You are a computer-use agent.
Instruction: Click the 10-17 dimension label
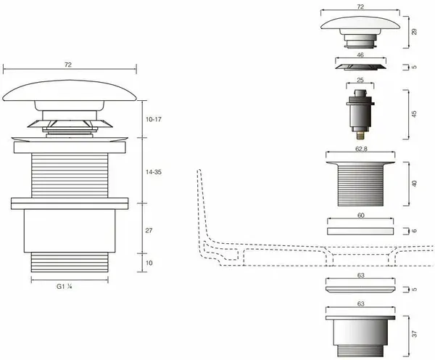click(x=154, y=120)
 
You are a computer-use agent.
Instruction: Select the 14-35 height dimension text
click(x=154, y=172)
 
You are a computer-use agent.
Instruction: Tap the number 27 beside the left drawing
click(x=149, y=231)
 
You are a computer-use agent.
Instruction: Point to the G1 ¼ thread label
click(x=65, y=287)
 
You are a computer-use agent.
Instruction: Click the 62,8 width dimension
click(x=361, y=150)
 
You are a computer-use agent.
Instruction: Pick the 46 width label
click(x=360, y=55)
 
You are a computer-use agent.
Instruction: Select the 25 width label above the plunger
click(x=360, y=81)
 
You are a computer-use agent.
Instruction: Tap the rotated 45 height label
click(x=414, y=114)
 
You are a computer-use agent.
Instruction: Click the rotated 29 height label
click(x=414, y=32)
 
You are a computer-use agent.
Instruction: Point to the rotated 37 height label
click(x=414, y=334)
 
